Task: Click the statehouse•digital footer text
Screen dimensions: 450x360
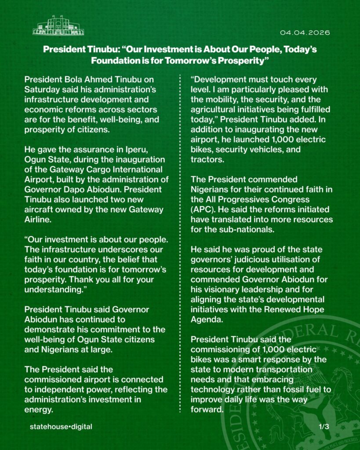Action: coord(61,427)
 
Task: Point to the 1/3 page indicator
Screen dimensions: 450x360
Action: coord(324,427)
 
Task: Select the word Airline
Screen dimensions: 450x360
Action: coord(37,219)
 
